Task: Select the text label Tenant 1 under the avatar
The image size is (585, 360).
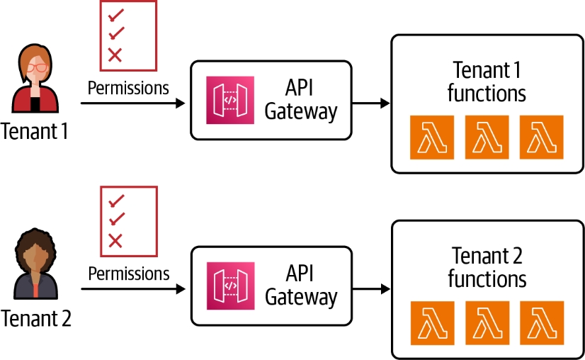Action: tap(35, 132)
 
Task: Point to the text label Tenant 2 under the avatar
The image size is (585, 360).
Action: tap(36, 319)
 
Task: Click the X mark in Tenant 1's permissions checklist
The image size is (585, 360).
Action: tap(115, 55)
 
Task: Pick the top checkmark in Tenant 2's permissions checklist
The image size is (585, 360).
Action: tap(116, 201)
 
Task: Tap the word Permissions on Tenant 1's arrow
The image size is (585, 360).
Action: tap(128, 88)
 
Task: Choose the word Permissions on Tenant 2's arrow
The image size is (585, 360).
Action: tap(129, 274)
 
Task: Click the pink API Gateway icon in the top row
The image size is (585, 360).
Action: tap(229, 100)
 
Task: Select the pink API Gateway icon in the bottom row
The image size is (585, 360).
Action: tap(229, 286)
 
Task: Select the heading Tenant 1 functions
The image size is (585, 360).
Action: tap(487, 81)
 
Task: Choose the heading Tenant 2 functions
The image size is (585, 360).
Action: tap(487, 267)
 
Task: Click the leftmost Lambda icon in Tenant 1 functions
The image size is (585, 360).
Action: tap(431, 137)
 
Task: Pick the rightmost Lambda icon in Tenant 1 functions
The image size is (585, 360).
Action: tap(542, 137)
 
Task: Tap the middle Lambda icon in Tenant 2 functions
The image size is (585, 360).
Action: tap(487, 323)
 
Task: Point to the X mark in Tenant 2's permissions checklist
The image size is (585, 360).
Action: tap(115, 240)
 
